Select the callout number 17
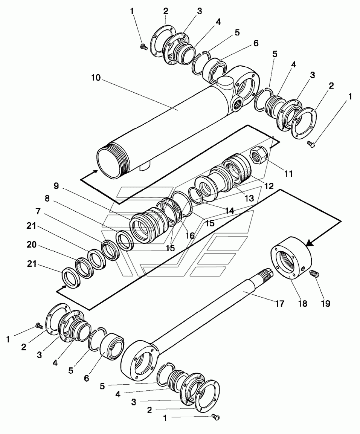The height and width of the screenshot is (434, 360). pos(279,303)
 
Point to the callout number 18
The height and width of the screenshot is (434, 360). pos(302,303)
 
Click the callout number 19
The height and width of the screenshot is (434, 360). pos(325,303)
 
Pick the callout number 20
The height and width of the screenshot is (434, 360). pos(32,245)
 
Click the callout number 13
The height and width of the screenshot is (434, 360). pos(249,198)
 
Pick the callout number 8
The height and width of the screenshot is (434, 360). pos(47,199)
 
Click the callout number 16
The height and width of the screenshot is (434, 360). pos(190,235)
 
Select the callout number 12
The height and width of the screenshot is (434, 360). pos(268,186)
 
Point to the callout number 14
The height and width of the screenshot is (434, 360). pos(229,211)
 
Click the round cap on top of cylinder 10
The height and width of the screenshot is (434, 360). pos(224,83)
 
